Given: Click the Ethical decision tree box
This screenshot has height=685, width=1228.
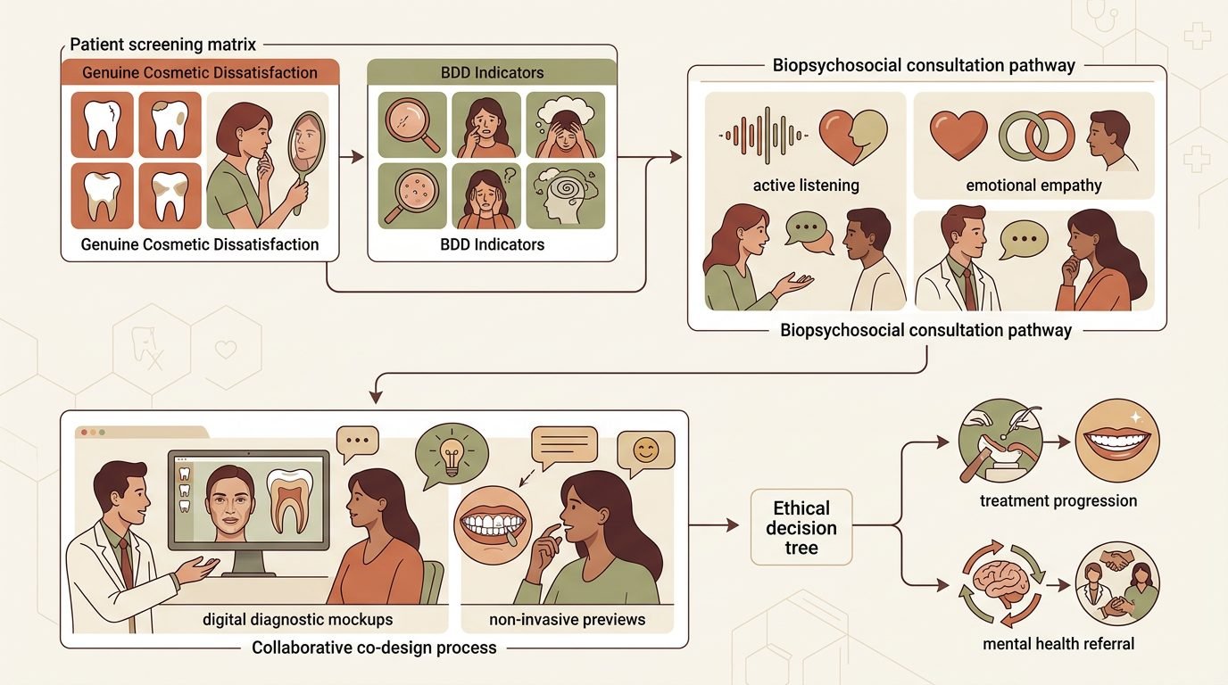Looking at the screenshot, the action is [x=801, y=527].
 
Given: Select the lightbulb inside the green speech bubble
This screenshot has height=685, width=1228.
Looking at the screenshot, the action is [x=452, y=455].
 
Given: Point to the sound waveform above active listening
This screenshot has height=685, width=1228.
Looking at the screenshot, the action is [x=763, y=136].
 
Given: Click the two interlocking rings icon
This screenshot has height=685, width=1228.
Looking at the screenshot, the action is [x=1037, y=135].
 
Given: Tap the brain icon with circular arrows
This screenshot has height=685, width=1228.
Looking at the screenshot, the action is [x=1001, y=583].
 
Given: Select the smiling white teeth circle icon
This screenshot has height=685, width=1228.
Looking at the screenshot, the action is [x=1117, y=441].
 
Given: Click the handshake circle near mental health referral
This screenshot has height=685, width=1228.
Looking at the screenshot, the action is [x=1117, y=583].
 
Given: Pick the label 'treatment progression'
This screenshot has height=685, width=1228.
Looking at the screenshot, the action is [x=1058, y=501].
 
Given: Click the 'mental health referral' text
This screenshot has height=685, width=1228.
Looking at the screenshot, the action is [x=1058, y=643].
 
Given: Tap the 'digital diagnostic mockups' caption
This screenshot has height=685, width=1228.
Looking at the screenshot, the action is [x=298, y=619].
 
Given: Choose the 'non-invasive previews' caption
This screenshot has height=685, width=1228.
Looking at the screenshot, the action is [x=567, y=619].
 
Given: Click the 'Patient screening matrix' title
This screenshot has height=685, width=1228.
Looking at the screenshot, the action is [x=162, y=45].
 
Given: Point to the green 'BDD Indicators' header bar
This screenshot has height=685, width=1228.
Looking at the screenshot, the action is [x=492, y=71].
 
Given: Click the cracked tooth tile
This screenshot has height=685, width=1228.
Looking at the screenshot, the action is [x=102, y=124].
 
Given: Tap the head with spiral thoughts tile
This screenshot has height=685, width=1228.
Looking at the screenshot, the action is [x=565, y=195].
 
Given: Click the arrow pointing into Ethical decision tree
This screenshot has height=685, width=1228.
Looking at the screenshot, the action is [x=714, y=525].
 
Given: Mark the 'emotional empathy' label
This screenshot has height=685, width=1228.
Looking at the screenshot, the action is [x=1033, y=186].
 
